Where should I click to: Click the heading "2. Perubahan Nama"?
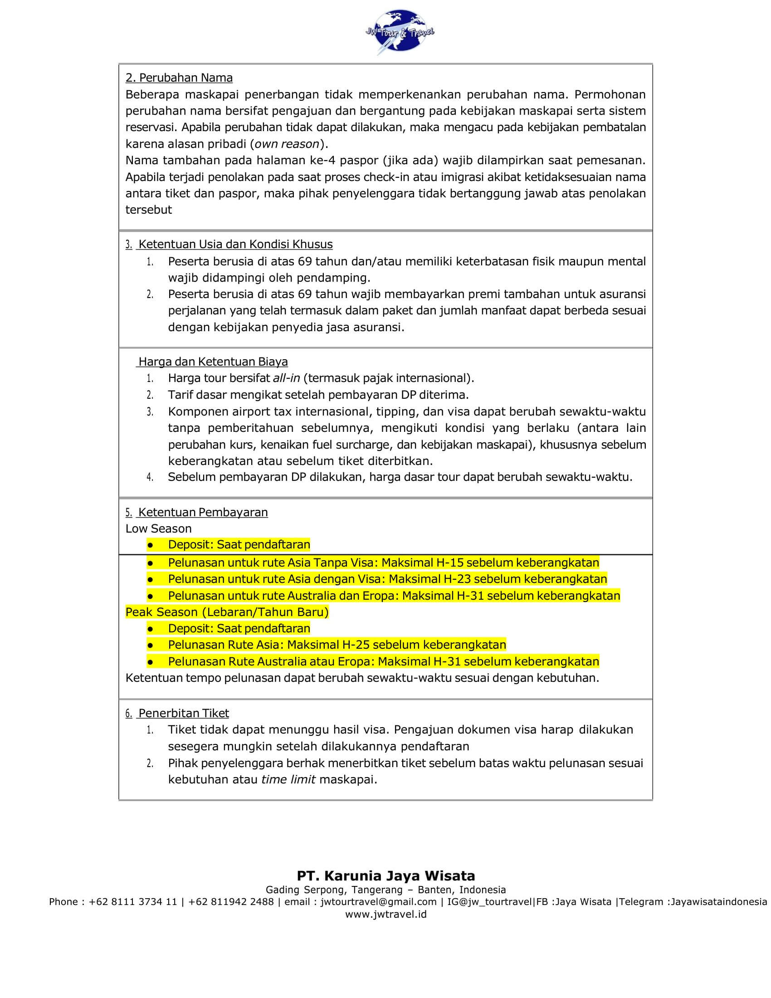[179, 78]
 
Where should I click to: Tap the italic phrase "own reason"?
[287, 144]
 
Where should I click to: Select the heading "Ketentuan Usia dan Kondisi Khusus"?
[235, 244]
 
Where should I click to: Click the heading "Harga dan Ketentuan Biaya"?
[213, 362]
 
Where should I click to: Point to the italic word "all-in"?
[286, 378]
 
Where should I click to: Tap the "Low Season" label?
[158, 528]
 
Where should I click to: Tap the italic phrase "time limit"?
[288, 779]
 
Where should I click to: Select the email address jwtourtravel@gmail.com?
[378, 901]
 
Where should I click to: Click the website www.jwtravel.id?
[386, 914]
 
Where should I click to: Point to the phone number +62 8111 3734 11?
[132, 901]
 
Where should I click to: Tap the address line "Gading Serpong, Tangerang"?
[334, 890]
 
